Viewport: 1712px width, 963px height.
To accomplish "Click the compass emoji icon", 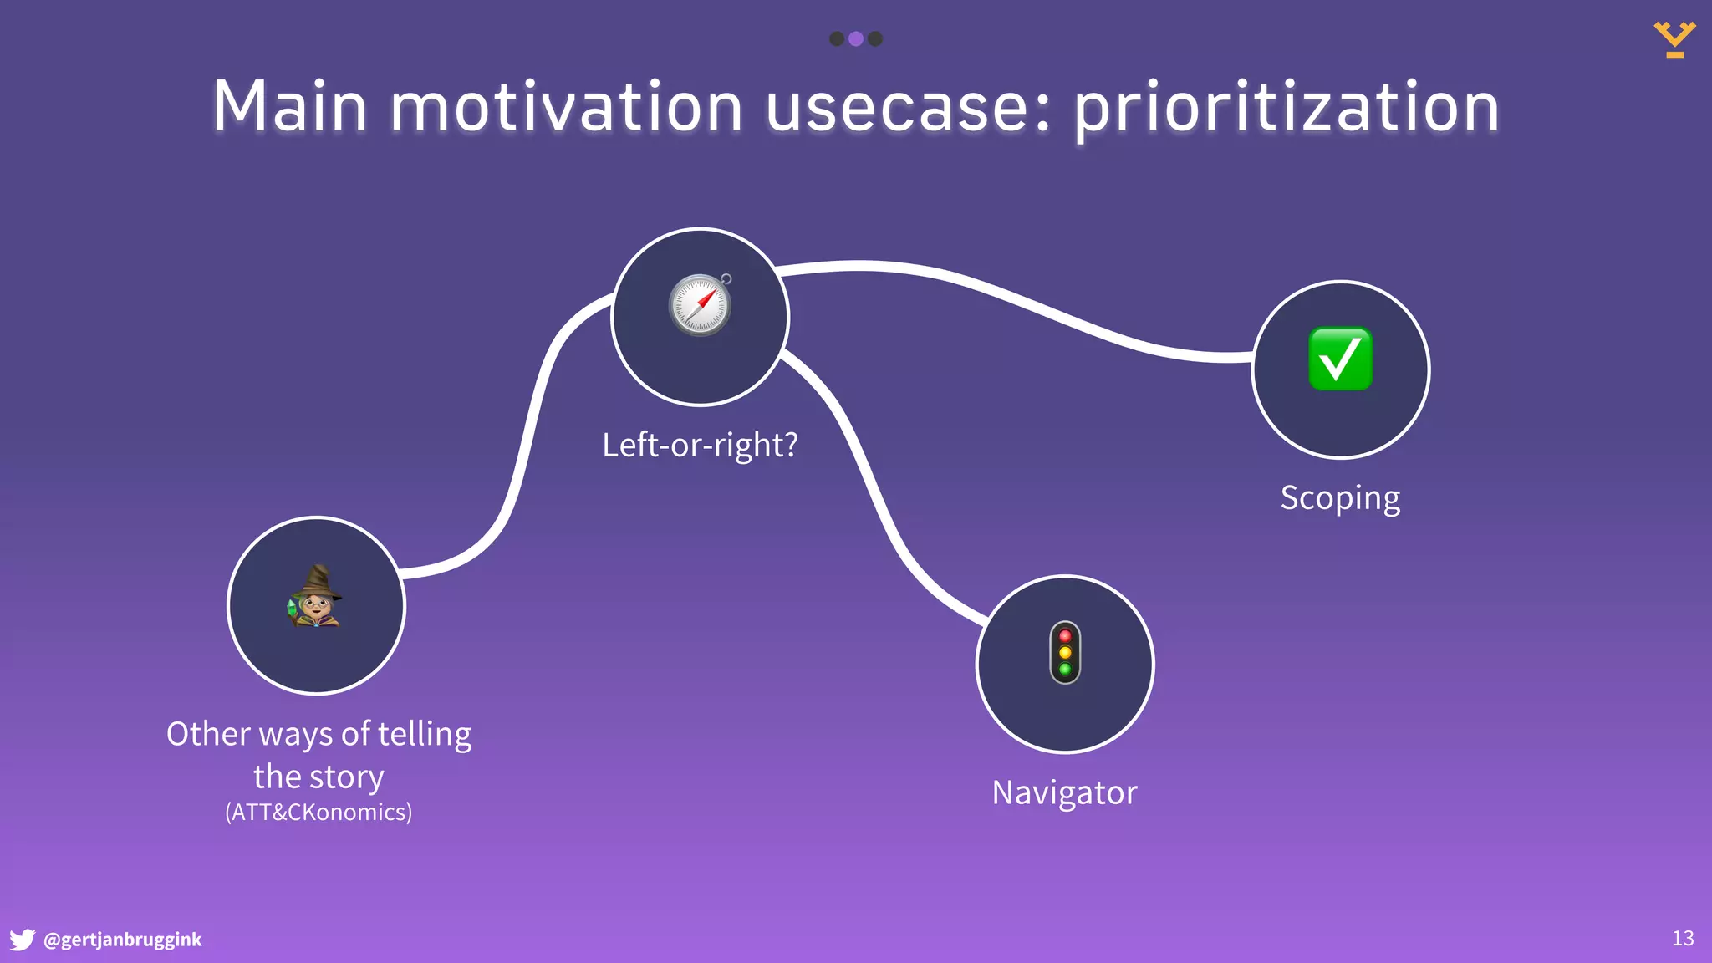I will tap(701, 305).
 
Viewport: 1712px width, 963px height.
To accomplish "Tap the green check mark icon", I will tap(1340, 359).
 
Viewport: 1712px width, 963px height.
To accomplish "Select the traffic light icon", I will tap(1065, 653).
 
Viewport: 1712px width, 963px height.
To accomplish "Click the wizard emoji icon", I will tap(315, 597).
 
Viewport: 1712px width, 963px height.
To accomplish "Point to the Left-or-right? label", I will tap(700, 445).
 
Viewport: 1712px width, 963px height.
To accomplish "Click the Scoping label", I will tap(1340, 498).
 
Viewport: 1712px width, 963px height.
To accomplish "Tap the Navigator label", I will tap(1064, 792).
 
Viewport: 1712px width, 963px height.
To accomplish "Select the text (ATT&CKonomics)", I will tap(318, 813).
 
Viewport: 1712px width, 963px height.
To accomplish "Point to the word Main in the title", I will tap(288, 107).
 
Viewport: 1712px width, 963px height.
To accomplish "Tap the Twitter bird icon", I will tap(22, 940).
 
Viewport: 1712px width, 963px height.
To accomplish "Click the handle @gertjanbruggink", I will tap(122, 940).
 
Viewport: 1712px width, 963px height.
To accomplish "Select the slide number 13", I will tap(1683, 939).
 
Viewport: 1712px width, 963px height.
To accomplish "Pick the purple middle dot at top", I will tap(855, 38).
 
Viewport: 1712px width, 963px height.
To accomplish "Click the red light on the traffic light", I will tap(1065, 636).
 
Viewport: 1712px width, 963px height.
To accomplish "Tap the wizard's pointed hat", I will tap(318, 579).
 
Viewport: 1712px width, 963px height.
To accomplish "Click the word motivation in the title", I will tap(566, 107).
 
